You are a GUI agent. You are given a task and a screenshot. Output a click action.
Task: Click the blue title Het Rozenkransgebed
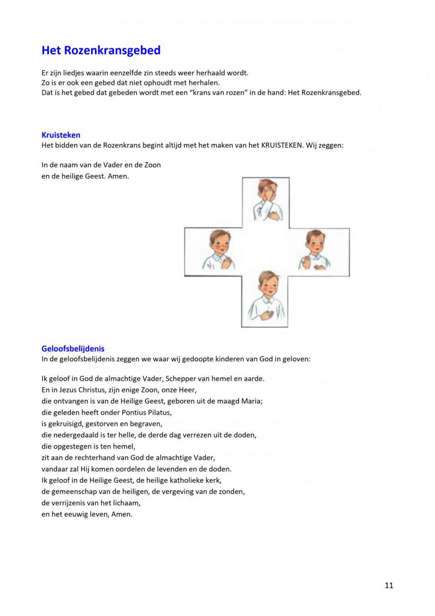(x=101, y=50)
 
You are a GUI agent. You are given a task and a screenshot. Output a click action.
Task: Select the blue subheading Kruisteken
(x=61, y=135)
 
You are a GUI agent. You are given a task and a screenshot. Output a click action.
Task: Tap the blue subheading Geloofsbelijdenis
(x=73, y=348)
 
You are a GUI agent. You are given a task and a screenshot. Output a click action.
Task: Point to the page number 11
(x=389, y=585)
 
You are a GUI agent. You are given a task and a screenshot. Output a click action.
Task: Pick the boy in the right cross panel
(x=313, y=250)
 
